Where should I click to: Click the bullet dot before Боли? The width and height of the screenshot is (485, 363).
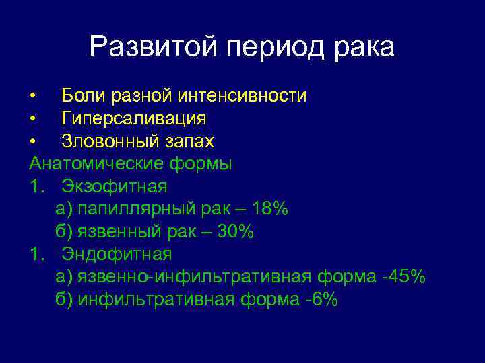(32, 96)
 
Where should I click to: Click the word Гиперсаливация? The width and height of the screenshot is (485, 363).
(134, 119)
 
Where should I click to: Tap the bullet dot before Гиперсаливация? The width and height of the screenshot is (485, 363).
(32, 119)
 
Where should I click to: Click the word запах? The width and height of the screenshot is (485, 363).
(189, 142)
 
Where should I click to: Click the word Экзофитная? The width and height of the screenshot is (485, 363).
(115, 186)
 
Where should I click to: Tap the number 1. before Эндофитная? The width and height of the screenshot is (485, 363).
(38, 254)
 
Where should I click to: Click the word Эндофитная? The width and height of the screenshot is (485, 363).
(117, 254)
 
